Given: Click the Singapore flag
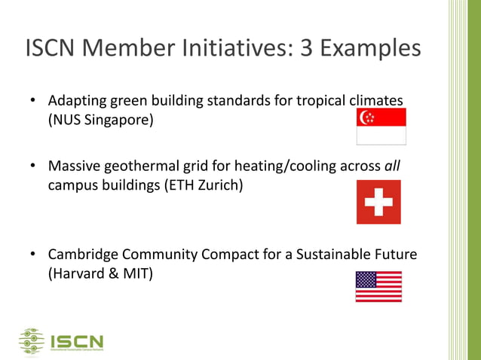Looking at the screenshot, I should (x=381, y=127).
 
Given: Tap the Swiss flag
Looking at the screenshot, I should (x=378, y=202).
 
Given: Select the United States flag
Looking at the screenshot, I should (x=378, y=286).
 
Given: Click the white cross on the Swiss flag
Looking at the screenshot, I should (x=378, y=202).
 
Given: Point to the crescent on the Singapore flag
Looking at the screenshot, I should (x=367, y=117).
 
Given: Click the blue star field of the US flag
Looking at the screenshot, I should (x=366, y=279).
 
